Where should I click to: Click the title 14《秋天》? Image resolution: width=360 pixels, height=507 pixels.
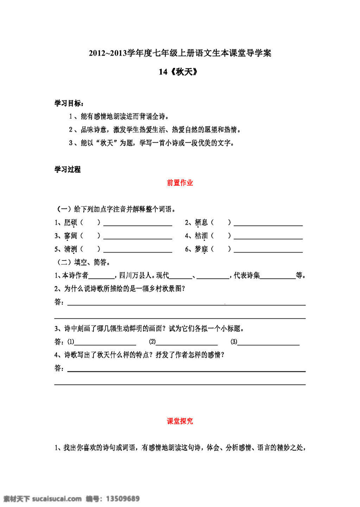point(179,72)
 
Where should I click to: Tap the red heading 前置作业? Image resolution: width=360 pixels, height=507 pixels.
point(180,183)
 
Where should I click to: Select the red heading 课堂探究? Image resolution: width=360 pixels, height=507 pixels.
point(180,421)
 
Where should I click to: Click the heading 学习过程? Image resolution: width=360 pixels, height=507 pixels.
point(67,169)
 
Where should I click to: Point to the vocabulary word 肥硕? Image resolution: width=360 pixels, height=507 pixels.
point(71,223)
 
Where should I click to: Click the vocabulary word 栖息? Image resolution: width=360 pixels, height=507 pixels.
point(201,223)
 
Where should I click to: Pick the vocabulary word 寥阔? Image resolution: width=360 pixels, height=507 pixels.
point(71,236)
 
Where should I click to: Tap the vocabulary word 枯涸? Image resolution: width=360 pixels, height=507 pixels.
point(201,236)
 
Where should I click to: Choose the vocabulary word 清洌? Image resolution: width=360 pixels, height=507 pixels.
point(71,249)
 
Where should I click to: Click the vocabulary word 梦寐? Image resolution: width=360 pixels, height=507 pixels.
point(201,249)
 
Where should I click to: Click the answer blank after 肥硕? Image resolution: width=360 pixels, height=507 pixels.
point(137,224)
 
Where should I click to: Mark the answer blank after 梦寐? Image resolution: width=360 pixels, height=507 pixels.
point(268,250)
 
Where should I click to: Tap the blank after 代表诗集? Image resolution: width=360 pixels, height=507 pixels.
point(278,276)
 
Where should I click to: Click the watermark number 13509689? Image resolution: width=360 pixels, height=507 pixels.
point(122,499)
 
